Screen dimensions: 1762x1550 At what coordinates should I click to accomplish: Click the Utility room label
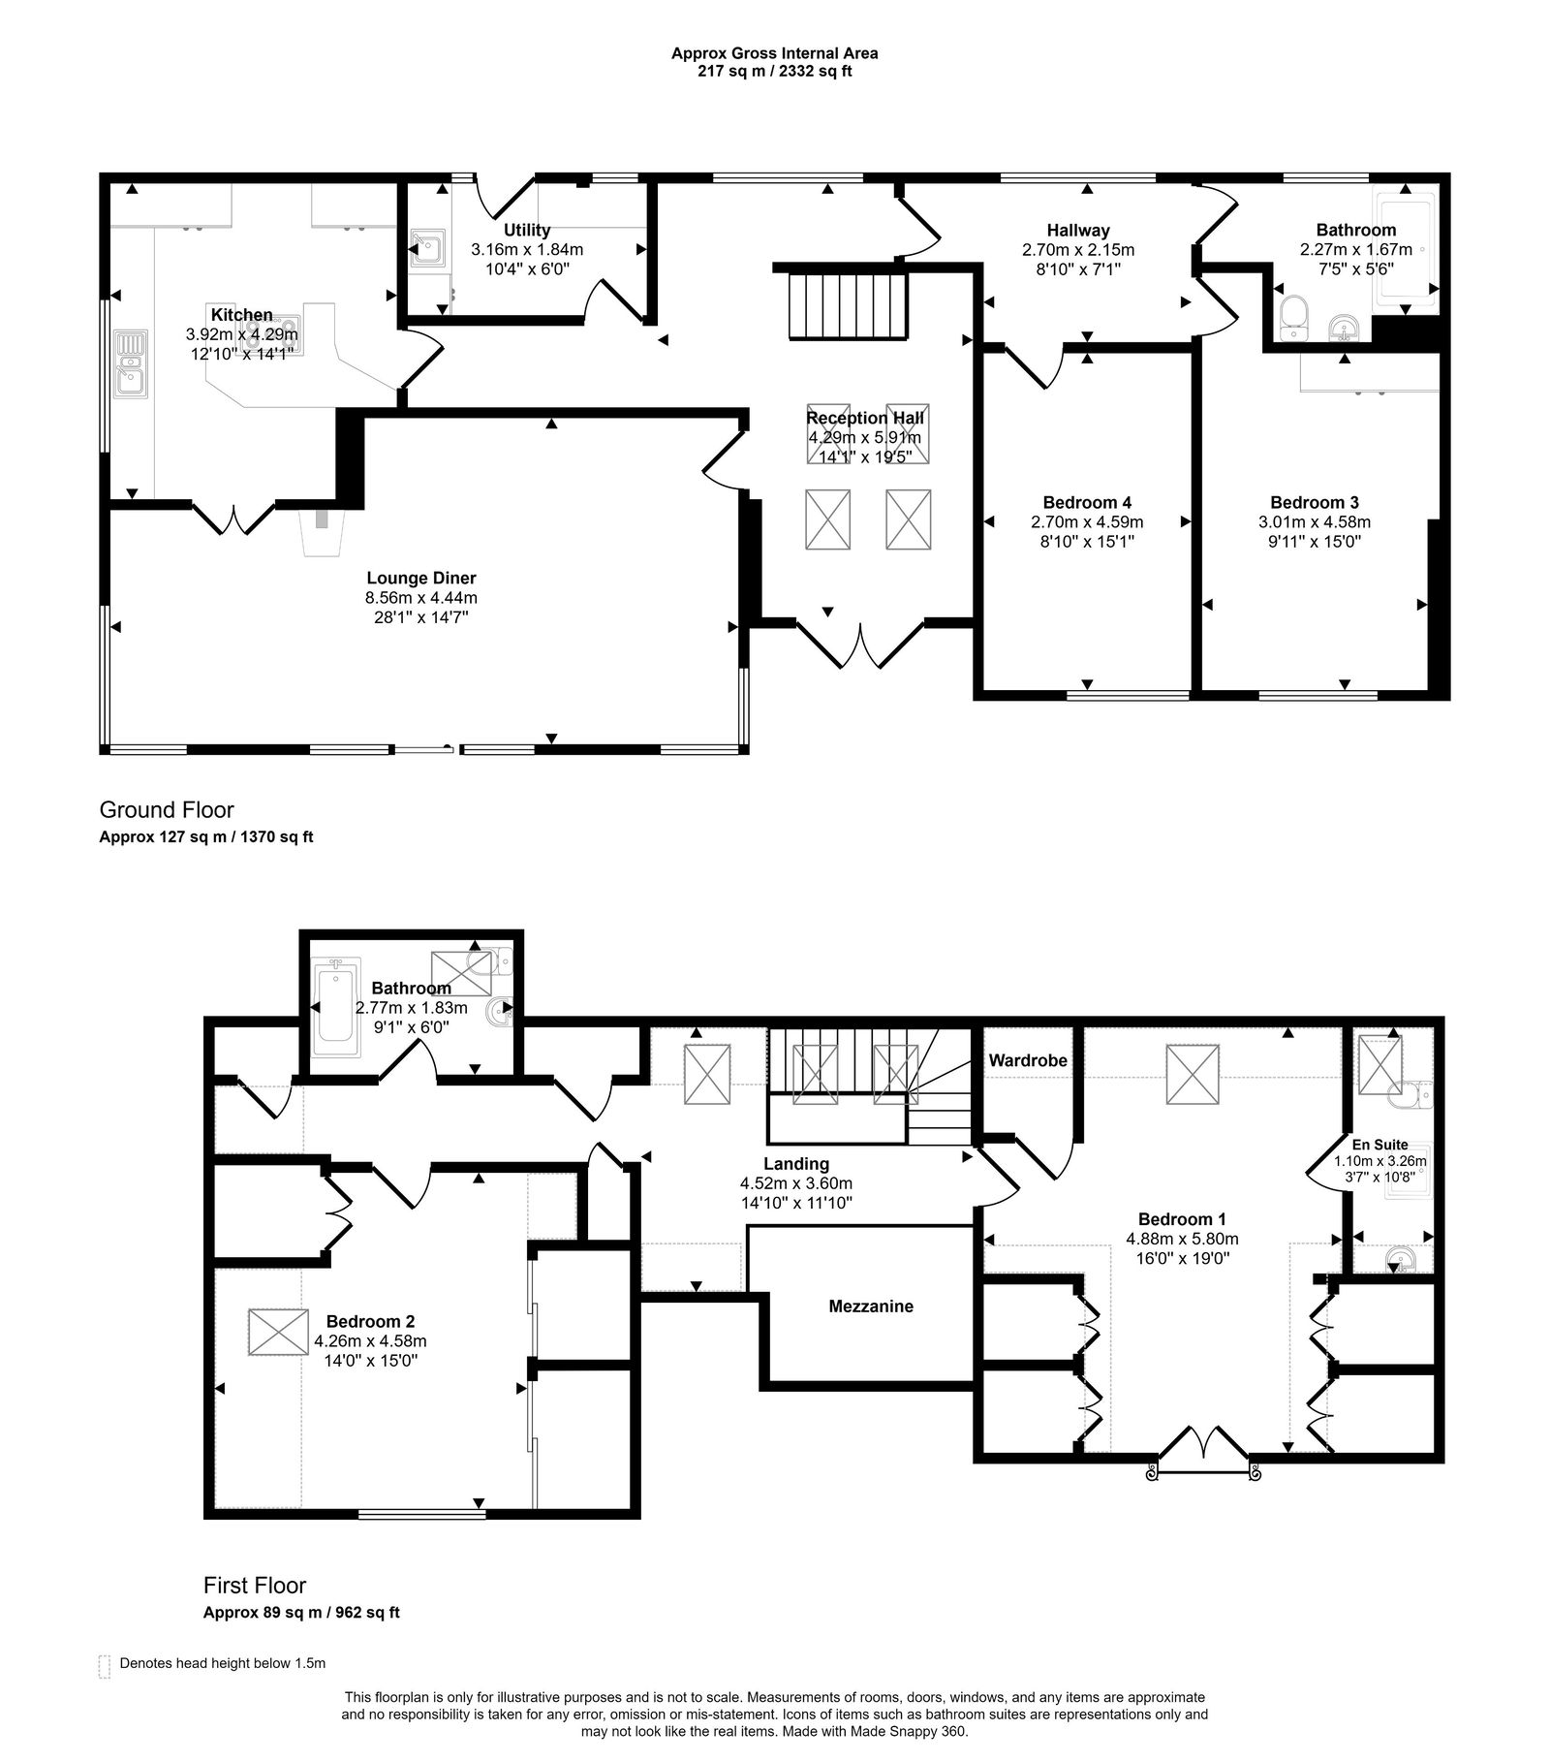(527, 230)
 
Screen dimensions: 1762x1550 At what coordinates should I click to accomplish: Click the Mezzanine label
(870, 1306)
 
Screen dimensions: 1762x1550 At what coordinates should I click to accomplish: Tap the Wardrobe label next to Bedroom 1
(1027, 1060)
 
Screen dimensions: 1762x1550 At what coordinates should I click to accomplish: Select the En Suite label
(1379, 1144)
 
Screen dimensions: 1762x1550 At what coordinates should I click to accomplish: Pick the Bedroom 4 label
(1087, 502)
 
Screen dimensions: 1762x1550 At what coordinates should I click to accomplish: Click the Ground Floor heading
(167, 809)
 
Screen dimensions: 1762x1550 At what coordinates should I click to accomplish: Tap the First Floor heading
(254, 1585)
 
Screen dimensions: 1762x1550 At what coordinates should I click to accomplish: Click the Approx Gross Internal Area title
(774, 54)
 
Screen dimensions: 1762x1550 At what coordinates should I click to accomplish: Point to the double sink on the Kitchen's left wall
(129, 363)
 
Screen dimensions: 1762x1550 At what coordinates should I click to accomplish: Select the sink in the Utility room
(427, 248)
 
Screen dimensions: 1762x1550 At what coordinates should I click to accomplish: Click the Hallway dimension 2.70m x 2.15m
(1077, 249)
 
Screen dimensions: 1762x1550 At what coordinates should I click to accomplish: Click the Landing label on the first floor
(795, 1163)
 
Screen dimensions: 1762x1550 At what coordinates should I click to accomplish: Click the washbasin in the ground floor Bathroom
(1344, 329)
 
